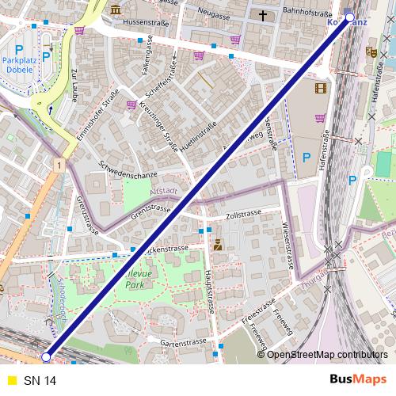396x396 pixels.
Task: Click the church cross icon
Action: coord(262,14)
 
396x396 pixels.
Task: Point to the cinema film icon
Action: coord(320,89)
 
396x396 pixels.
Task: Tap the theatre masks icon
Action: coord(370,52)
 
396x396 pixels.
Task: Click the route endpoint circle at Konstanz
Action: coord(350,16)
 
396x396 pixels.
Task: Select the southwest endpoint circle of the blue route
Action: coord(46,357)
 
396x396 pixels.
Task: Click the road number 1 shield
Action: coord(59,164)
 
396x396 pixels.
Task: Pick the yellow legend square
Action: coord(10,381)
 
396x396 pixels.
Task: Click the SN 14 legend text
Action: coord(40,381)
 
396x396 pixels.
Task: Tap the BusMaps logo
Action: coord(357,380)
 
